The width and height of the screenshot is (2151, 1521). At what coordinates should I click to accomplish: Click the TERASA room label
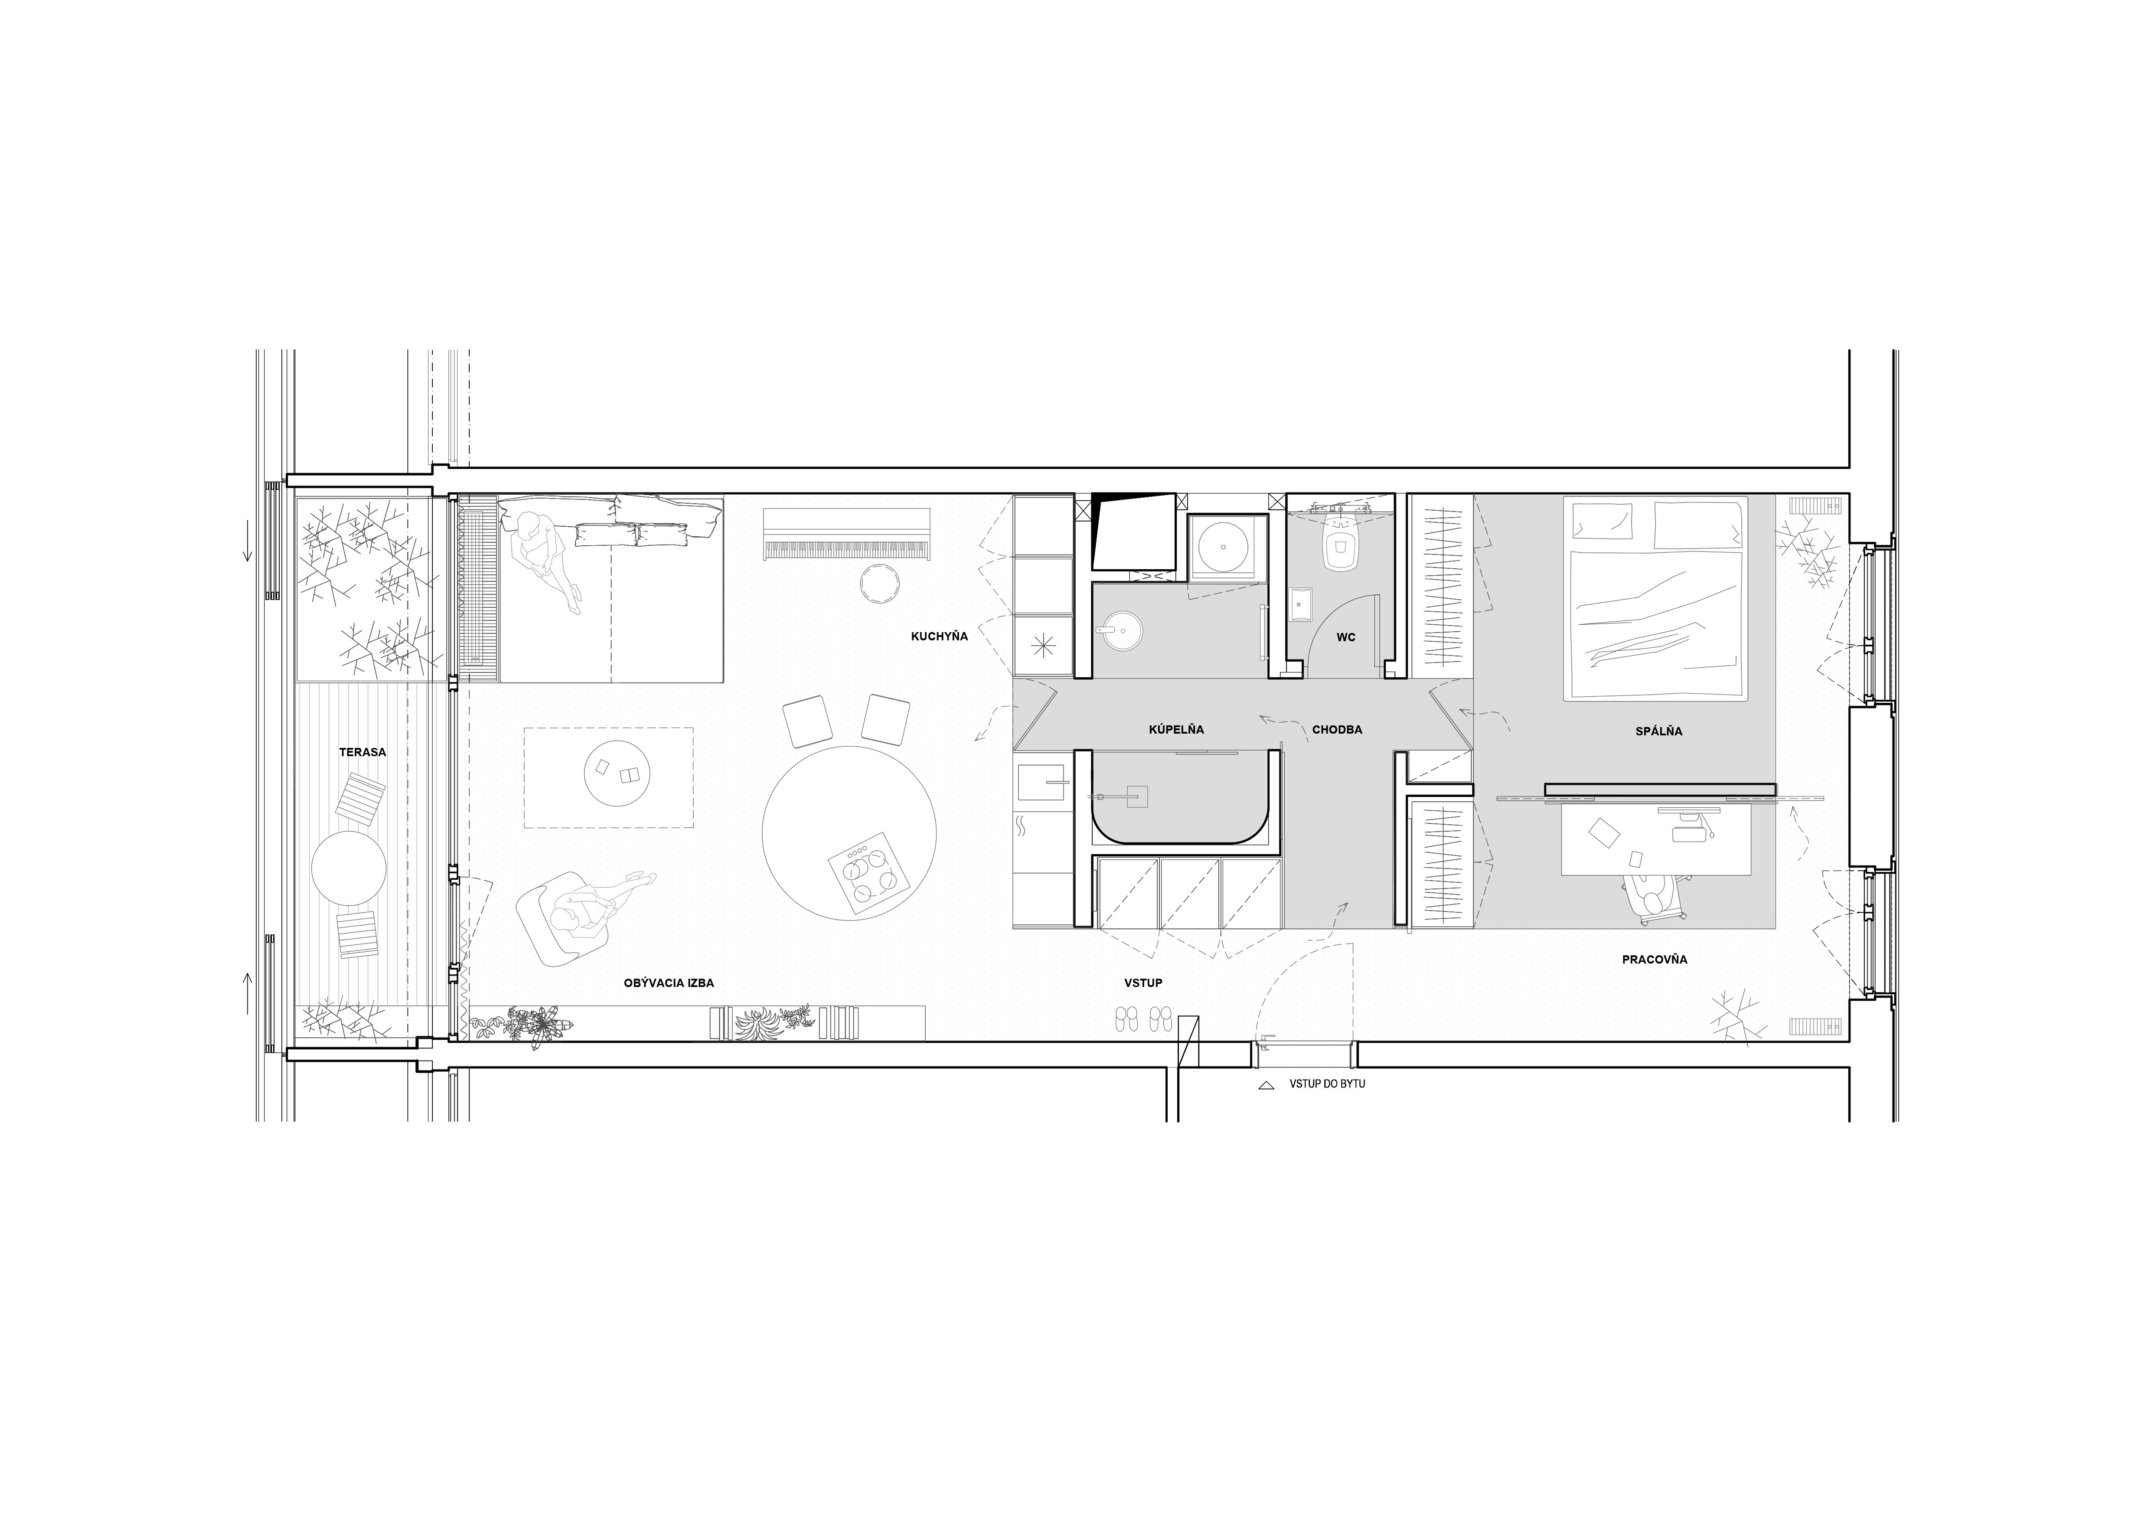pos(362,752)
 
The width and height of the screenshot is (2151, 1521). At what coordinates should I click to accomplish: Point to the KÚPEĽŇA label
pos(1177,730)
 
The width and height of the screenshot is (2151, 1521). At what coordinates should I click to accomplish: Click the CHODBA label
pos(1337,730)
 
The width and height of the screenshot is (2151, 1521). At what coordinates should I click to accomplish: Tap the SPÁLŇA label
pos(1659,731)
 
